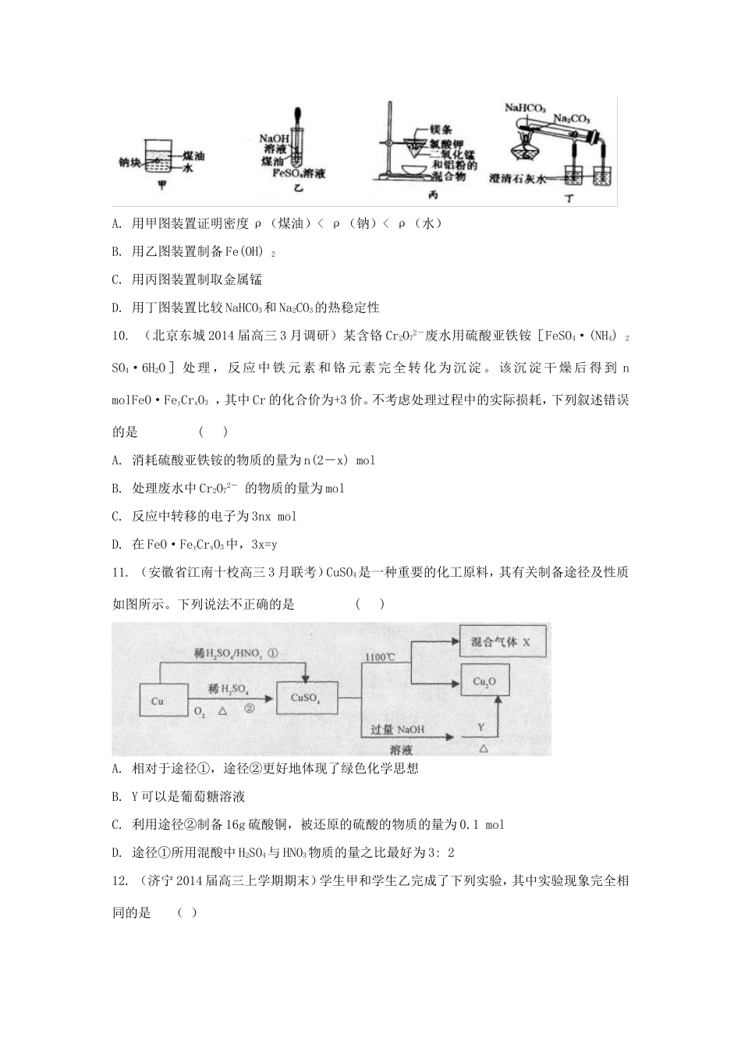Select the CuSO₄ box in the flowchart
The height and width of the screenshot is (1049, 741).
click(x=306, y=698)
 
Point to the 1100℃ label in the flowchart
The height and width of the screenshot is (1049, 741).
click(x=380, y=657)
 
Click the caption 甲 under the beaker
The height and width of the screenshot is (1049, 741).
click(x=163, y=187)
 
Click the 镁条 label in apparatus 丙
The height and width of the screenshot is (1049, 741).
click(x=440, y=130)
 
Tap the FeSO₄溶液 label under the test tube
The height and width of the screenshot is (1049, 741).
click(x=299, y=173)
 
